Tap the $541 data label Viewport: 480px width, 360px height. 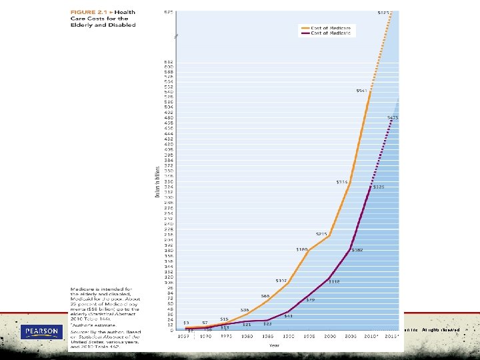[x=361, y=91]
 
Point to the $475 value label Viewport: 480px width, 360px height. [x=393, y=117]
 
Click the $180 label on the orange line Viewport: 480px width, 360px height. [x=301, y=249]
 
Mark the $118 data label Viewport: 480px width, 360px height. [x=334, y=281]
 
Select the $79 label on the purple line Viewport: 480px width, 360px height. [x=310, y=300]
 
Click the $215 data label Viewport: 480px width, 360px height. [x=321, y=234]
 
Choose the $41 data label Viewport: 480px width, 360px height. [x=288, y=316]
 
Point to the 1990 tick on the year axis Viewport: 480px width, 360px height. [x=288, y=336]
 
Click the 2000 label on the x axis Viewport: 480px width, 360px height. [x=330, y=336]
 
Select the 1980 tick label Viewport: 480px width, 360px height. [x=247, y=336]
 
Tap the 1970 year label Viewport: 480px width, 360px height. [x=205, y=336]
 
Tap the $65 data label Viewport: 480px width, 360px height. [x=265, y=296]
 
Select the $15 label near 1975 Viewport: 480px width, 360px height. [x=224, y=319]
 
